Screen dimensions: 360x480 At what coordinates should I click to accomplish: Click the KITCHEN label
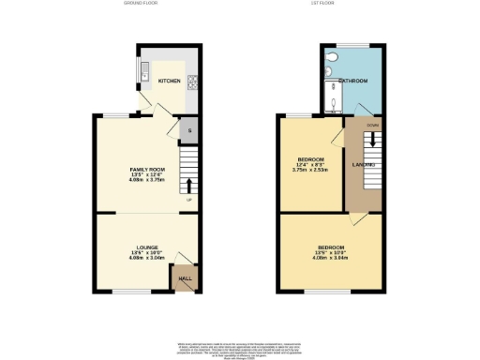point(169,82)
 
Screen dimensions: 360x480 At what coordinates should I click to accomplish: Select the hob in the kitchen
point(191,81)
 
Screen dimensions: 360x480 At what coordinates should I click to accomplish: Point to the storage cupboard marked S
point(189,130)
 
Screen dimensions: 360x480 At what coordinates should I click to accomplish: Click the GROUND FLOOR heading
point(142,5)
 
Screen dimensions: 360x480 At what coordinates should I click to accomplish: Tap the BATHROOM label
point(352,82)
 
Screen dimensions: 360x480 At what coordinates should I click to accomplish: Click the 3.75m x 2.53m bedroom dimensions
point(310,170)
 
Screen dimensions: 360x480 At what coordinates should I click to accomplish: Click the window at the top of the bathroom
point(353,45)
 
